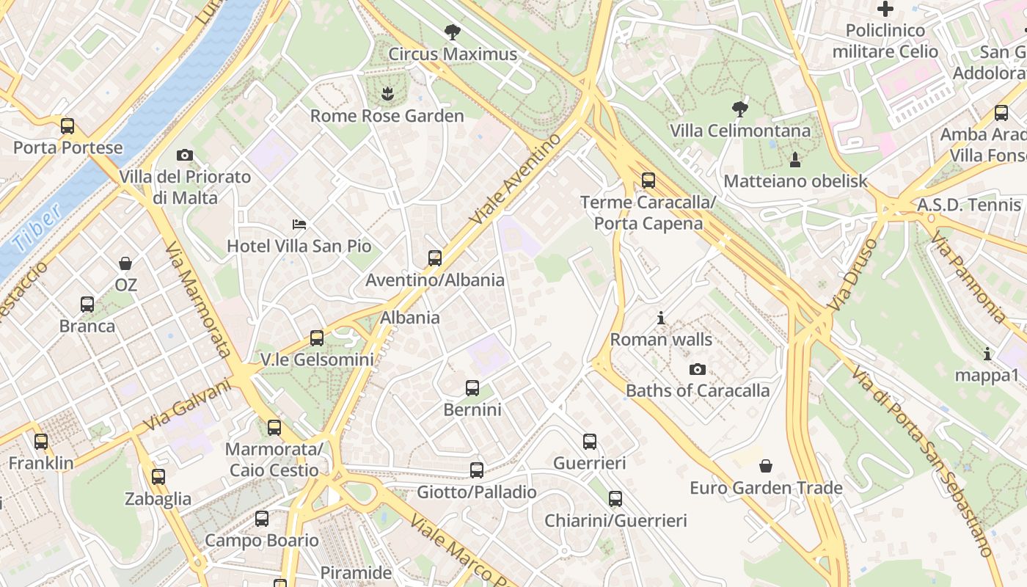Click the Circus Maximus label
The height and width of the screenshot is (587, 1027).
click(x=453, y=54)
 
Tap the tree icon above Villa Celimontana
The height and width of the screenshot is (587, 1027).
click(x=740, y=109)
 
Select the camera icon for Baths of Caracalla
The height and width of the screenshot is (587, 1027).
click(x=698, y=369)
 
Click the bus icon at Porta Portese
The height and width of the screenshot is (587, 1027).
click(x=67, y=126)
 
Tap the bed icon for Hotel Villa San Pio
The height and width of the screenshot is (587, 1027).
click(x=299, y=224)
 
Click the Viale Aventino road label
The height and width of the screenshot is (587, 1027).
click(x=515, y=180)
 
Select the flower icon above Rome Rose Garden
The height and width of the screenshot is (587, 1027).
click(x=387, y=93)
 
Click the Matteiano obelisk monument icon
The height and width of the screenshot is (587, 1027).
click(x=795, y=158)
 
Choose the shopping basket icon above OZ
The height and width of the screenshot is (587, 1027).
click(x=125, y=263)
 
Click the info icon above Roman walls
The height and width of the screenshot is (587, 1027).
click(x=661, y=318)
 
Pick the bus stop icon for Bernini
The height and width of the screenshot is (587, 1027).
click(x=472, y=387)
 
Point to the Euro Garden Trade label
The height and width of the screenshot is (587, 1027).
click(x=766, y=488)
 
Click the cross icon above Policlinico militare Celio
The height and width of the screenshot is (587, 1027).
click(x=885, y=9)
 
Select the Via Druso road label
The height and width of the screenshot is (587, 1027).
click(x=851, y=274)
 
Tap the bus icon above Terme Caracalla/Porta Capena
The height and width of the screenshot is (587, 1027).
click(x=648, y=181)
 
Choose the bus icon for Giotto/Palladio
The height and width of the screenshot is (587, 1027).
click(x=477, y=470)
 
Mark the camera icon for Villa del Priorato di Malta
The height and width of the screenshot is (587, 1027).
click(x=185, y=155)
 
